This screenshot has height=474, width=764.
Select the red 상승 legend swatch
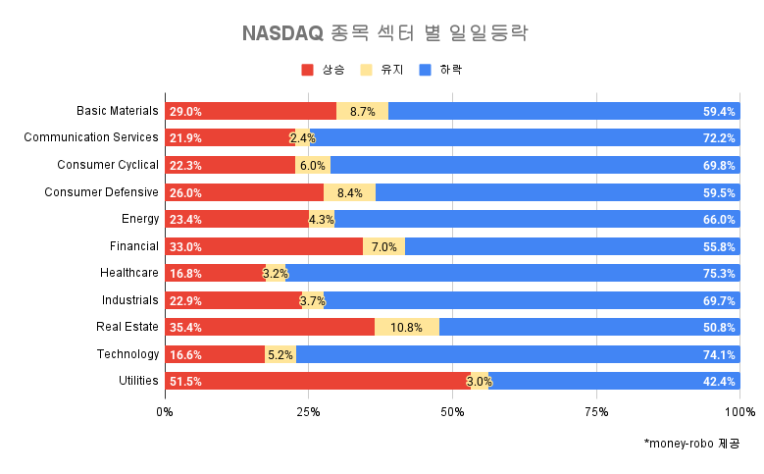pyautogui.click(x=307, y=70)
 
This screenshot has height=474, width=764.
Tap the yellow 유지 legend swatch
pyautogui.click(x=367, y=70)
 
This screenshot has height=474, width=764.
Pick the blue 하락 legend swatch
pyautogui.click(x=426, y=70)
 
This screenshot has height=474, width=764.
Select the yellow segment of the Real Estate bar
pyautogui.click(x=406, y=327)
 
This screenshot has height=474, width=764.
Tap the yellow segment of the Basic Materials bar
pyautogui.click(x=362, y=111)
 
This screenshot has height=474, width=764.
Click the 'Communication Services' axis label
pyautogui.click(x=91, y=137)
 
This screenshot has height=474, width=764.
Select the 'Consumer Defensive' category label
pyautogui.click(x=101, y=191)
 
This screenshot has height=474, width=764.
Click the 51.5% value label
pyautogui.click(x=185, y=382)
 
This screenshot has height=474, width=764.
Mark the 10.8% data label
pyautogui.click(x=405, y=328)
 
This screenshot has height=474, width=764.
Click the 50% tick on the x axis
pyautogui.click(x=452, y=411)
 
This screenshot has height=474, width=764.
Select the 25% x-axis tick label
pyautogui.click(x=308, y=411)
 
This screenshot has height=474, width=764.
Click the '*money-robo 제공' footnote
pyautogui.click(x=691, y=444)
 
